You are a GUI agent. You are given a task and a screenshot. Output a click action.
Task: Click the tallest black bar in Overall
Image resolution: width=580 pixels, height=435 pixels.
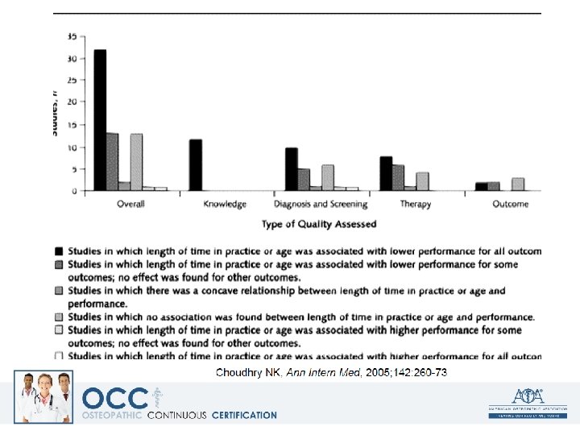coord(100,121)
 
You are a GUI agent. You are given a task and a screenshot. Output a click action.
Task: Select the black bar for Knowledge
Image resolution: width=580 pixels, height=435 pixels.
coord(195,165)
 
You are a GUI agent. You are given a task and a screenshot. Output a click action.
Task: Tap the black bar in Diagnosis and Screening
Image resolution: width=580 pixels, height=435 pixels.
coord(291,169)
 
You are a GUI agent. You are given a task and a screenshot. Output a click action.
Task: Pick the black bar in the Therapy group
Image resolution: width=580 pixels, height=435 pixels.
coord(386,173)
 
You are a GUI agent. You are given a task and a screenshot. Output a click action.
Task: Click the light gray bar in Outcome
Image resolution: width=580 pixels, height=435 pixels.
coord(517,184)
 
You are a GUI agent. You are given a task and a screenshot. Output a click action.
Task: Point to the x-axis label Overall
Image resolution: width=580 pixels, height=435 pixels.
coord(130,205)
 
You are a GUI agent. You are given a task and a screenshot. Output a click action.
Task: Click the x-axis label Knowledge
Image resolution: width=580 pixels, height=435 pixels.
coord(225,205)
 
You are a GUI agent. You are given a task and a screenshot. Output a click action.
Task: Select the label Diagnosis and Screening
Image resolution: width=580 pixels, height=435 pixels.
coord(321,205)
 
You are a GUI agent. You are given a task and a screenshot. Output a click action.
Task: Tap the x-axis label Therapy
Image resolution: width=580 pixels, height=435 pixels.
coord(416,205)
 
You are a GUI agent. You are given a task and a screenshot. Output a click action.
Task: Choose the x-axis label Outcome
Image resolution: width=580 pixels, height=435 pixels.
coord(511,205)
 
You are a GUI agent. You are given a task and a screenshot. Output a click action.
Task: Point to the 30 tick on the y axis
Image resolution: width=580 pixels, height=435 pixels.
coord(72,59)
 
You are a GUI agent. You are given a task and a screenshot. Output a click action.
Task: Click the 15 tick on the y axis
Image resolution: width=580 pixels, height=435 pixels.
coord(72,124)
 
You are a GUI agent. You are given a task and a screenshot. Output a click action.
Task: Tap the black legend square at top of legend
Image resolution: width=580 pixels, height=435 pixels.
coord(59,251)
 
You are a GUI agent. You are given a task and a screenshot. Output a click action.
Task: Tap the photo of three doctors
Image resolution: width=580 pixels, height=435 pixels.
coord(43,397)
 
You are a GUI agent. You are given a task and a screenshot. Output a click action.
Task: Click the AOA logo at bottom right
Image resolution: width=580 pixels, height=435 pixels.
coord(527,400)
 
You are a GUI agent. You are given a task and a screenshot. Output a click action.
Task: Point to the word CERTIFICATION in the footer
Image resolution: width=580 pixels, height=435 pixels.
coord(244,416)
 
